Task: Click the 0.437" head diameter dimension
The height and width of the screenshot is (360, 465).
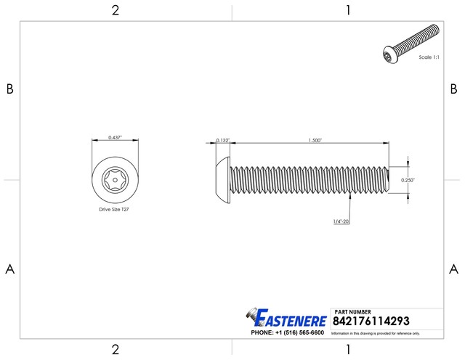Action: [115, 137]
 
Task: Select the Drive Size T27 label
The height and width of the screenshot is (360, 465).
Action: [115, 208]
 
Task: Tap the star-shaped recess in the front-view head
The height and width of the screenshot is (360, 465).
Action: [115, 179]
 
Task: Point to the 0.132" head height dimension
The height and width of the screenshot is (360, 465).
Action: [222, 140]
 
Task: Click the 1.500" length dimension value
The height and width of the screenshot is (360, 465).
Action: [315, 140]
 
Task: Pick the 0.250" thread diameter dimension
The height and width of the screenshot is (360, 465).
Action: [409, 179]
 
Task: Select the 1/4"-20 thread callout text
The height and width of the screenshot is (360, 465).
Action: [341, 221]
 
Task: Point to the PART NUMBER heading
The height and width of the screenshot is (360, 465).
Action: [355, 311]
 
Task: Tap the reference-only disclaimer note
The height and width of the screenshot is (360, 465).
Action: [376, 333]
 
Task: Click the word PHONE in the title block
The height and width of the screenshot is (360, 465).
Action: [262, 332]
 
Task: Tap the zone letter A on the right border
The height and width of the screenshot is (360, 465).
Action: [453, 269]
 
